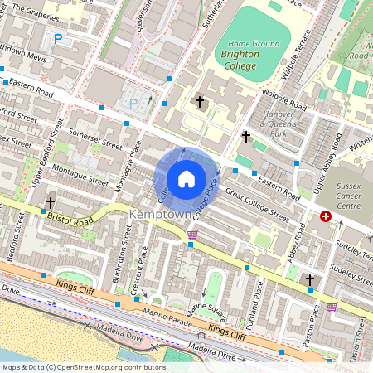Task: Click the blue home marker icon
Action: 186,179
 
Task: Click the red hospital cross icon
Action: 326,216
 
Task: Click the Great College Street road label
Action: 256,206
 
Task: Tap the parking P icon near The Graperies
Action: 57,39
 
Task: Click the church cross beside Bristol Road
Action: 51,202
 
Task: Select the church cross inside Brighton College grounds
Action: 199,102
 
